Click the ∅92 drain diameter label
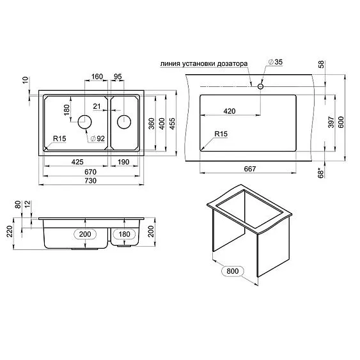[x=97, y=139]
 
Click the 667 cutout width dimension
[x=249, y=168]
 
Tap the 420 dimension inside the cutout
[x=230, y=111]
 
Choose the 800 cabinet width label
[x=235, y=271]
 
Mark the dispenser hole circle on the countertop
[x=261, y=85]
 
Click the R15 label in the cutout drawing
[x=221, y=134]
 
